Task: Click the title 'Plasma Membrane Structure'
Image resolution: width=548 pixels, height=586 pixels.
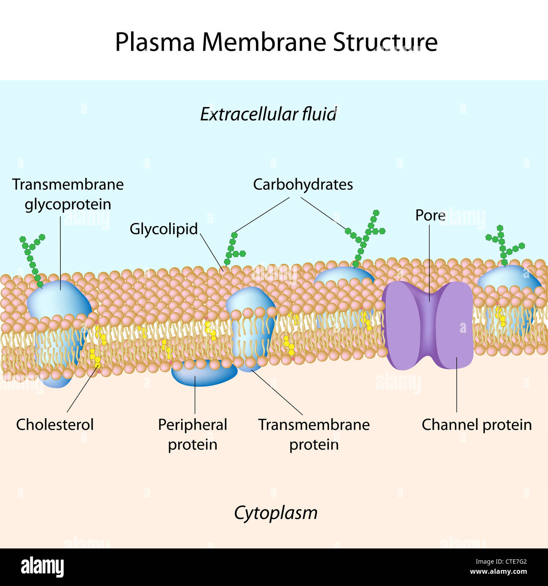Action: pos(276,42)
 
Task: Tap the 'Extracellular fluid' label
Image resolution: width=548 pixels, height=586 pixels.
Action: pos(268,114)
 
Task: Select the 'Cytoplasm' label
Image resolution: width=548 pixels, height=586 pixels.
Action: pos(276,513)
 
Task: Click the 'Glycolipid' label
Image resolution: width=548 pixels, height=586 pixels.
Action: pos(164,229)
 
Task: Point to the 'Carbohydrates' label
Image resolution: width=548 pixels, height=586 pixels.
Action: pos(303,184)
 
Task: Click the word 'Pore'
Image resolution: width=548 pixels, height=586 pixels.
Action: pos(430,215)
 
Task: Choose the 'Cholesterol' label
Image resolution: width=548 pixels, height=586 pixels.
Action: pos(55,424)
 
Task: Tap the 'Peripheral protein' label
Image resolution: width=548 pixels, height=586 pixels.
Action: pos(193,434)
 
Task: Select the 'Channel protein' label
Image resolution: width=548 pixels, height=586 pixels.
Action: pos(476,424)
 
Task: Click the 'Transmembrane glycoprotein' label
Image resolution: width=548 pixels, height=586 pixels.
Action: pos(67,194)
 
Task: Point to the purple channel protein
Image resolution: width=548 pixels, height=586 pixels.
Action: pos(427,325)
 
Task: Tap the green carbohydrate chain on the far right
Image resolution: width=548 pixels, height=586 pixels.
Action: pos(503,245)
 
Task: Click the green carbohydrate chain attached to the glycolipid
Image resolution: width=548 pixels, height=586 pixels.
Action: pos(232,249)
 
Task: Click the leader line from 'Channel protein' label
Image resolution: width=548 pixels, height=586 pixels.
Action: pos(457,384)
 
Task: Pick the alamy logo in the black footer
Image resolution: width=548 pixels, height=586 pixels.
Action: pos(42,567)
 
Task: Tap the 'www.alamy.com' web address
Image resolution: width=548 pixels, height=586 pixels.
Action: pos(498,572)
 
